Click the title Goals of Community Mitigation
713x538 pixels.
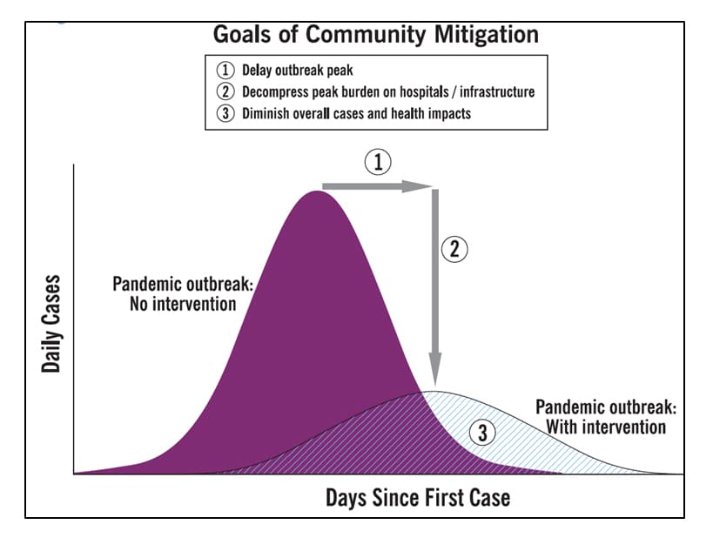tap(376, 35)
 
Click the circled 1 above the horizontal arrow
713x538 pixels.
tap(377, 162)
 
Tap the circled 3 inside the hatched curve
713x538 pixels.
tap(481, 433)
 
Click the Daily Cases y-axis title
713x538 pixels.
tap(52, 324)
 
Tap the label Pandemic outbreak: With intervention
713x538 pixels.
tap(605, 417)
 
